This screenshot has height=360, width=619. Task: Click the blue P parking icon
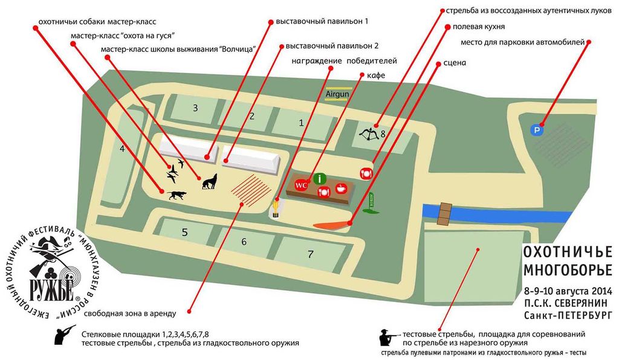coord(536,129)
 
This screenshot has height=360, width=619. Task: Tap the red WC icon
coord(301,185)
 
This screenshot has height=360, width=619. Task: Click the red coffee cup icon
coord(341,187)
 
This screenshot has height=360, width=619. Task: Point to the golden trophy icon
coord(276,207)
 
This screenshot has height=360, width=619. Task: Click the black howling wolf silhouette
coord(209,181)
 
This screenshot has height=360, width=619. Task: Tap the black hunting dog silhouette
coord(177,195)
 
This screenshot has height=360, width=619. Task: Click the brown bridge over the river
coord(446,212)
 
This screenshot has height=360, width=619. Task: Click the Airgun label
coord(338,94)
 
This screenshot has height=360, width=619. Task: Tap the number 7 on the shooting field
coord(311,254)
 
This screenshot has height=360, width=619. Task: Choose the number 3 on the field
coord(195,108)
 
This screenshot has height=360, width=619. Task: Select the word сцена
coord(454,62)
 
